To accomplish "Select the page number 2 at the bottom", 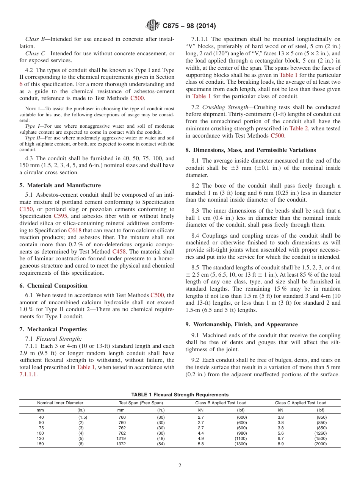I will (180, 466).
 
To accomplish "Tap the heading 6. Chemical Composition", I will (57, 286).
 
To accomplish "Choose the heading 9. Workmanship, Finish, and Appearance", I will (242, 324).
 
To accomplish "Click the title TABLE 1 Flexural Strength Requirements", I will (180, 394).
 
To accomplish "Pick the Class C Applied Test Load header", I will (300, 403).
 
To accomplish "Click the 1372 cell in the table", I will (121, 444).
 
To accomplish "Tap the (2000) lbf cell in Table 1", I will (320, 444).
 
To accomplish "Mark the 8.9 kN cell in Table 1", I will (280, 444).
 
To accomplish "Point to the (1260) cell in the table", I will (320, 433).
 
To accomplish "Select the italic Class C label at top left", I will (35, 54).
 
